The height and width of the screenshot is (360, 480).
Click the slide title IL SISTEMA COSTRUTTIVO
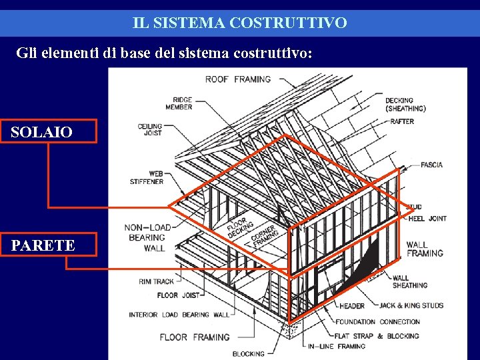click(240, 23)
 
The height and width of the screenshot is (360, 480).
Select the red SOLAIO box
click(53, 131)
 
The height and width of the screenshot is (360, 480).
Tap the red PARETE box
click(53, 245)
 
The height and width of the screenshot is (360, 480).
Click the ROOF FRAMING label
click(238, 79)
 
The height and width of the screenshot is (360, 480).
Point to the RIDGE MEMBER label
click(179, 104)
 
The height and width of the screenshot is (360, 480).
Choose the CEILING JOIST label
click(150, 129)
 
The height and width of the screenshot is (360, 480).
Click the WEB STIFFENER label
click(147, 177)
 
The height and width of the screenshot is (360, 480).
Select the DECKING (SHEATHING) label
click(405, 105)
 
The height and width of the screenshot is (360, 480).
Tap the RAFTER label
click(402, 121)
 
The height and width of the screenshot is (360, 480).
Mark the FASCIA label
click(431, 165)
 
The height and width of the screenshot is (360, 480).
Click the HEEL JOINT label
click(427, 219)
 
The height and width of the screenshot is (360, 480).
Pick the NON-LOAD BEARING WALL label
click(147, 238)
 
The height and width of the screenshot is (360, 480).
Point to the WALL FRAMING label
click(425, 249)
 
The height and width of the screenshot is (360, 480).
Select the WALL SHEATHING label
click(410, 281)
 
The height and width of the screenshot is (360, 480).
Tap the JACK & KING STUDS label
click(411, 305)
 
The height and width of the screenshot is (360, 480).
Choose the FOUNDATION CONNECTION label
click(377, 321)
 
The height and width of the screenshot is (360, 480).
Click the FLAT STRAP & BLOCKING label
click(377, 336)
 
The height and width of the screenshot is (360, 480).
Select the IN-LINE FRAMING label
click(337, 346)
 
